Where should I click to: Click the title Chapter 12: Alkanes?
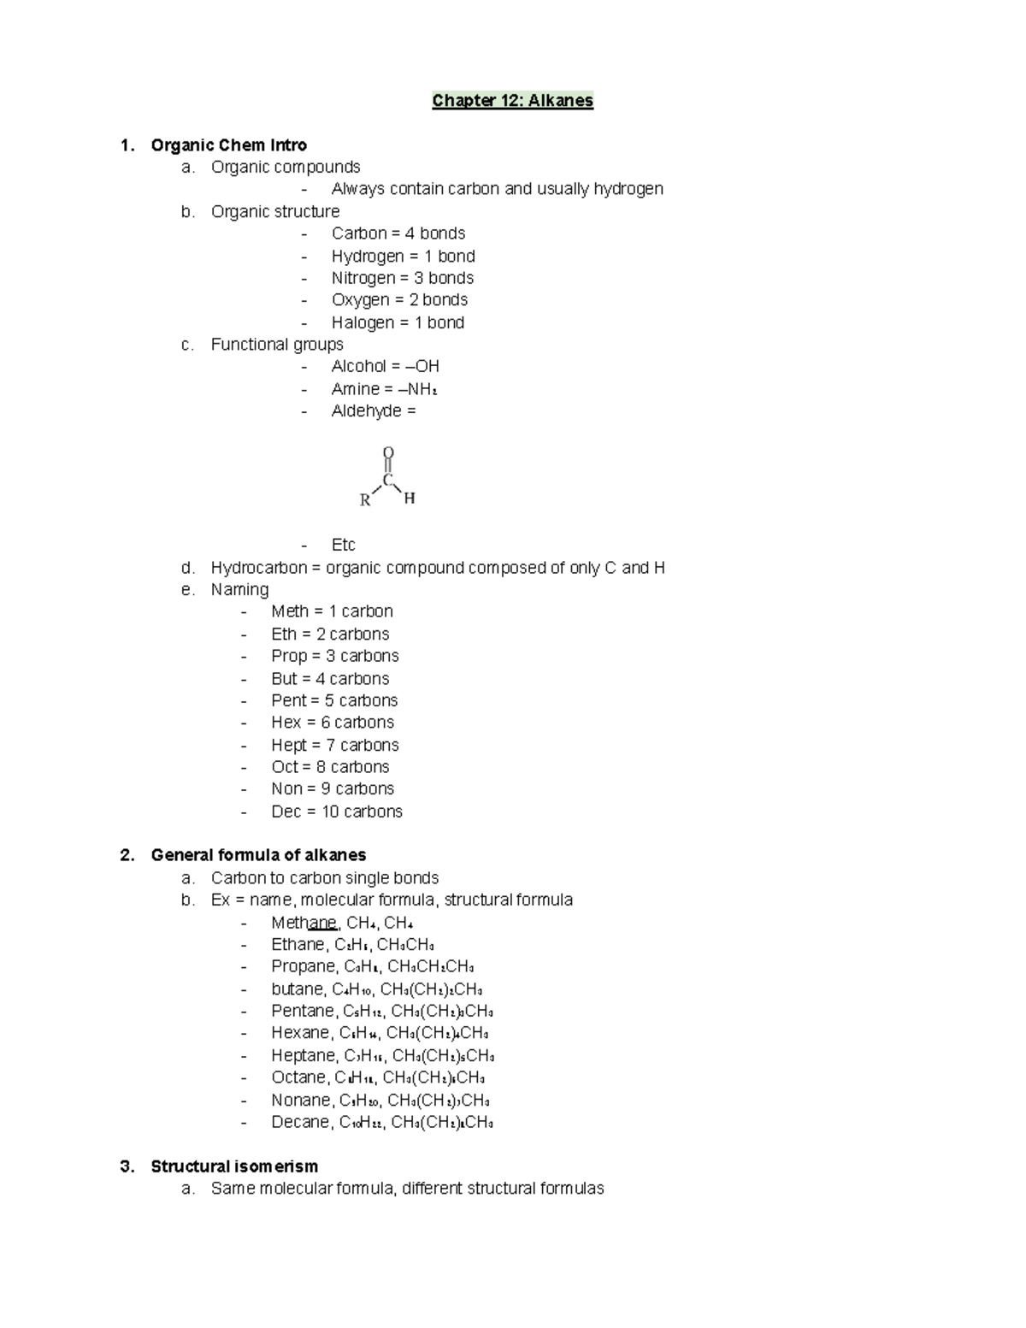click(x=512, y=101)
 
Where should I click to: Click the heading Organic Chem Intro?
click(x=228, y=145)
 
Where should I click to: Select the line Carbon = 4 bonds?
click(x=398, y=233)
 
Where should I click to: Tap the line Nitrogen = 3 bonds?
click(x=402, y=278)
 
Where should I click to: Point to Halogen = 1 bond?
click(x=398, y=322)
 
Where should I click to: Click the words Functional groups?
click(x=277, y=344)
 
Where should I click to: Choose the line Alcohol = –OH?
click(x=385, y=366)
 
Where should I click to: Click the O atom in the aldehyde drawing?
click(x=388, y=452)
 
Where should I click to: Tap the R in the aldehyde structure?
click(x=365, y=500)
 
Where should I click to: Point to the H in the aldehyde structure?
click(x=410, y=498)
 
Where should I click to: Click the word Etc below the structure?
click(x=343, y=545)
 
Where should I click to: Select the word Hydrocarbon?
click(x=258, y=568)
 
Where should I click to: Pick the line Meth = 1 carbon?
click(x=332, y=611)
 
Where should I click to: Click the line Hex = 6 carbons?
click(x=332, y=723)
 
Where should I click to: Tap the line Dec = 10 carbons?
click(x=336, y=812)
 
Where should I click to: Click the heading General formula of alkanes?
click(x=258, y=855)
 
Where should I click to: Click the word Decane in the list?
click(x=299, y=1122)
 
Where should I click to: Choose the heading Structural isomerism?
click(x=234, y=1166)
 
